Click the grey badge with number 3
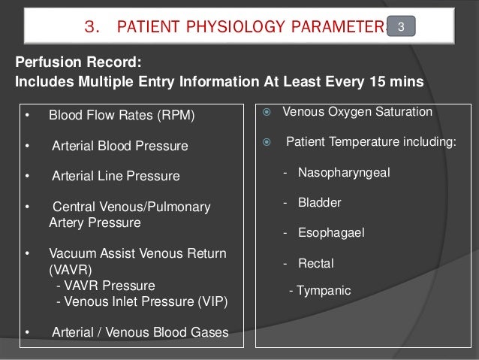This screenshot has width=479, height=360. (x=402, y=28)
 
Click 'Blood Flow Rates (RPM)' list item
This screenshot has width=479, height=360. (x=121, y=116)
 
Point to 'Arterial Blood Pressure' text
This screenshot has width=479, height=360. (x=119, y=145)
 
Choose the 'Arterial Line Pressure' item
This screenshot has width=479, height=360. (x=116, y=177)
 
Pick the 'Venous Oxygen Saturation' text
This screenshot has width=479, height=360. (x=357, y=112)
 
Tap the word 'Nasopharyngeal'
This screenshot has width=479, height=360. (x=338, y=172)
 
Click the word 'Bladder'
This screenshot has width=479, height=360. (x=319, y=202)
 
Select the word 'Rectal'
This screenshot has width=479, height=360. (x=315, y=263)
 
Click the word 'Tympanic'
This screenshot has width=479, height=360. (x=324, y=289)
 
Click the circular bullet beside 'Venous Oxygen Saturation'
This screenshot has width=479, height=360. (x=265, y=112)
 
